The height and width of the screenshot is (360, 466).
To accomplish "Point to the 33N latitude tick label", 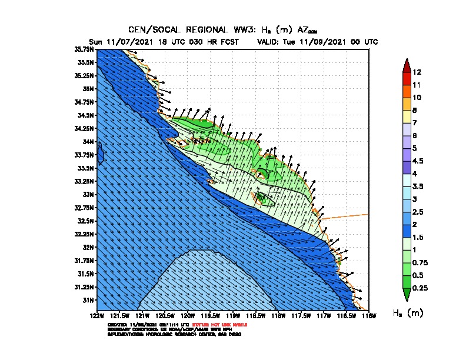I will coord(88,194).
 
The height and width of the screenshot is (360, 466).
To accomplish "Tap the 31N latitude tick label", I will coord(88,300).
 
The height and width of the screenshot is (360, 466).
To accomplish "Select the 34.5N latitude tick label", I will coord(85,115).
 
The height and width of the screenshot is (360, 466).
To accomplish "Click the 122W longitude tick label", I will coord(97,316).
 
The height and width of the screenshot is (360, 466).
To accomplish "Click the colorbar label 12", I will coord(417,72).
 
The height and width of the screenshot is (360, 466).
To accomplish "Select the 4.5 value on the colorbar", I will coord(418,161).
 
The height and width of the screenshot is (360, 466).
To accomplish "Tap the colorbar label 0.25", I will coord(420,288).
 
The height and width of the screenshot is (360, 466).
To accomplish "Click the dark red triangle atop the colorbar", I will coord(406,64).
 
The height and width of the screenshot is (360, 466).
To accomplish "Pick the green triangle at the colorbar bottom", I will coord(406,295).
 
